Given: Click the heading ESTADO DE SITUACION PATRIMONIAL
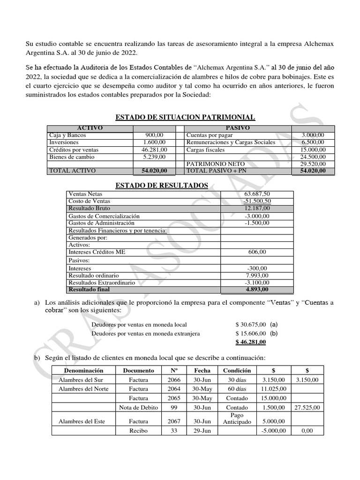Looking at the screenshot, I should (185, 117).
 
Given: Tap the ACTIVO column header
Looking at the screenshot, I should (90, 128).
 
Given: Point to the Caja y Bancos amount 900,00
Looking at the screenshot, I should (154, 135).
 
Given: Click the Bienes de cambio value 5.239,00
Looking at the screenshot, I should (154, 157).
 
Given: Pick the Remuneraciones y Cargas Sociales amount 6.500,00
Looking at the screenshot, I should (313, 142).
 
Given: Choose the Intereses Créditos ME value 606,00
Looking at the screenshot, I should (256, 252).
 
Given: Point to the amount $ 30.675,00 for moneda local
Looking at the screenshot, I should (251, 324).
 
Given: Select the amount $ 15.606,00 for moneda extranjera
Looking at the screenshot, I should (251, 333).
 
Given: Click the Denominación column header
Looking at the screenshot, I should (83, 370).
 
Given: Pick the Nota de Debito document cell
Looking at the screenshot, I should (135, 408).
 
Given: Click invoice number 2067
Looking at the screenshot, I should (174, 421).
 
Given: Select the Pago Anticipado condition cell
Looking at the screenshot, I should (237, 419).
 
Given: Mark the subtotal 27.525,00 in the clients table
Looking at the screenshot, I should (307, 408).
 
